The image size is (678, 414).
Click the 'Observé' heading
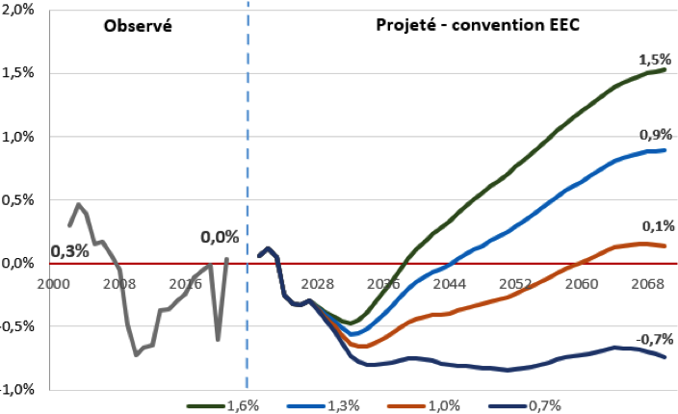137,26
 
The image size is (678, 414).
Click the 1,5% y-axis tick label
19,73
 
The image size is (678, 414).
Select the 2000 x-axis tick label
53,284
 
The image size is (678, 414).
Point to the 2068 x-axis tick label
646,284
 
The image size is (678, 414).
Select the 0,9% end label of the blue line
655,136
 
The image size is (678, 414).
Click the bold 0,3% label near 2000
69,251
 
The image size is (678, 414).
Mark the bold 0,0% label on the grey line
219,235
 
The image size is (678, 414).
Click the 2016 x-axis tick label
185,284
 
